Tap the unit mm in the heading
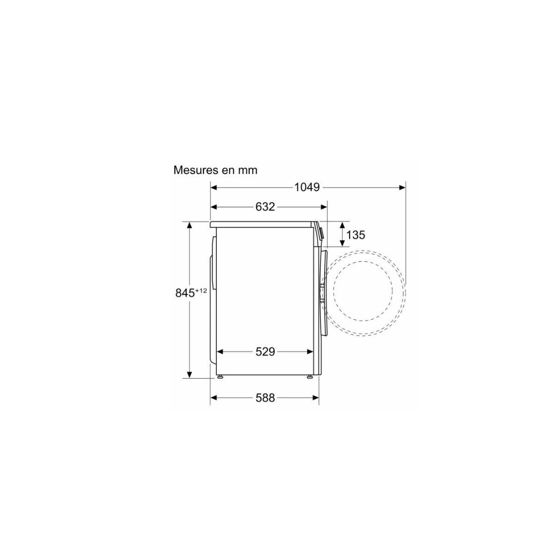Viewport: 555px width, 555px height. point(247,170)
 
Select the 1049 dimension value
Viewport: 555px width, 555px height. point(307,187)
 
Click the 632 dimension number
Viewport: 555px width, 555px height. point(265,207)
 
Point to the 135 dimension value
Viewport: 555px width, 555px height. point(355,235)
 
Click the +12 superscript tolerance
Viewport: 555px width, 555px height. point(201,290)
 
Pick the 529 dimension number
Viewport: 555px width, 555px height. point(265,352)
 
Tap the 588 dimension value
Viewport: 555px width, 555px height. point(265,398)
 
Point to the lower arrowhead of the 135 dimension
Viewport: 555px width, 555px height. point(342,244)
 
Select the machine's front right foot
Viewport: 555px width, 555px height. point(309,376)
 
